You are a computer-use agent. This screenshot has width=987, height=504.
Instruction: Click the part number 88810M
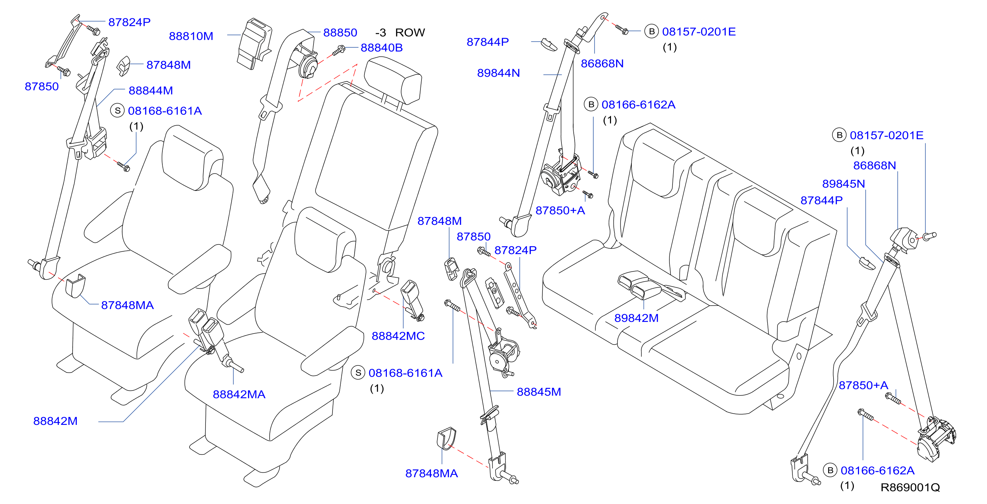pos(191,36)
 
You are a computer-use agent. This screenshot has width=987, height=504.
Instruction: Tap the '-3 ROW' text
pos(400,32)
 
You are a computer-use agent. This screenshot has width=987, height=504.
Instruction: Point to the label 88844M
pos(150,90)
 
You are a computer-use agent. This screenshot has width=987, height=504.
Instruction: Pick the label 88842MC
pos(398,336)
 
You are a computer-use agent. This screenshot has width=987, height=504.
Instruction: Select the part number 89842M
pos(636,318)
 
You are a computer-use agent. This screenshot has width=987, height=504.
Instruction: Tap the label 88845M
pos(539,392)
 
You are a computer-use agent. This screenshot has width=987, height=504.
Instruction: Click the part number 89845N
pos(843,184)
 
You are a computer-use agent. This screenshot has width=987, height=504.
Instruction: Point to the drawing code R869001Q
pos(910,487)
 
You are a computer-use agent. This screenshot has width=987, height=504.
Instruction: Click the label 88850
pos(340,33)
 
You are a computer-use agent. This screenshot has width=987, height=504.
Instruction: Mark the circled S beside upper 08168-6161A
pos(117,111)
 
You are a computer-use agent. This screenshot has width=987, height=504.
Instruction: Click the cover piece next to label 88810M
pos(254,43)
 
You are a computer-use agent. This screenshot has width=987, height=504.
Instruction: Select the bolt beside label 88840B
pos(338,50)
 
